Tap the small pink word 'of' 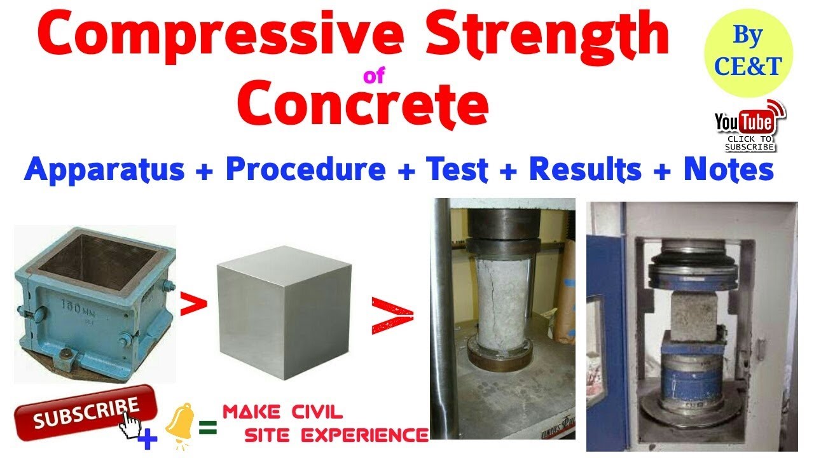click(374, 77)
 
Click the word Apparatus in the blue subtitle click(104, 170)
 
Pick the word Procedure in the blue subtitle click(306, 170)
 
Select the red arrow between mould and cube click(194, 304)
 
